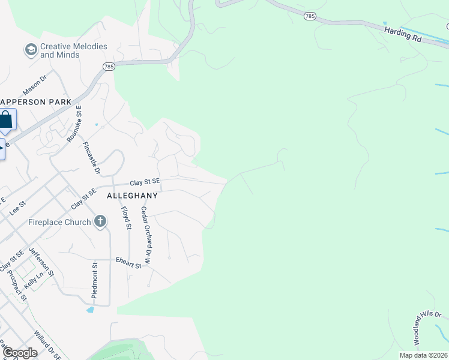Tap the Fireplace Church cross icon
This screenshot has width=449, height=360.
(x=100, y=222)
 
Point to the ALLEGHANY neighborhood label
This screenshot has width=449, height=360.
(x=132, y=196)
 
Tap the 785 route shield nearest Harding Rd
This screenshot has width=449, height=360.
(x=310, y=17)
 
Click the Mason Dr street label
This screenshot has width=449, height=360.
(x=34, y=85)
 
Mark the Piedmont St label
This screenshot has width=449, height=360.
(x=95, y=280)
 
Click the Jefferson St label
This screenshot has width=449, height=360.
(x=41, y=265)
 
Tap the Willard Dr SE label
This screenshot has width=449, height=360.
(x=47, y=345)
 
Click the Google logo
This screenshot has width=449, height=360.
(x=20, y=353)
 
